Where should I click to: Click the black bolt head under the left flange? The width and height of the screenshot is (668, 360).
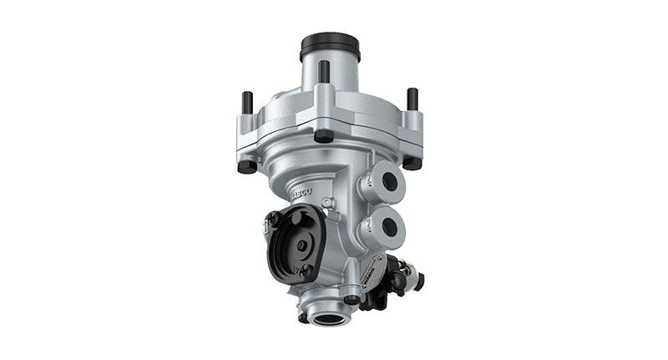pyautogui.click(x=245, y=165)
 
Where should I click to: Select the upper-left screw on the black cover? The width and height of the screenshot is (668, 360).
pyautogui.click(x=271, y=218)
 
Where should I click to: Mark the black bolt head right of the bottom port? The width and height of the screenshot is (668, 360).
pyautogui.click(x=352, y=298)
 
